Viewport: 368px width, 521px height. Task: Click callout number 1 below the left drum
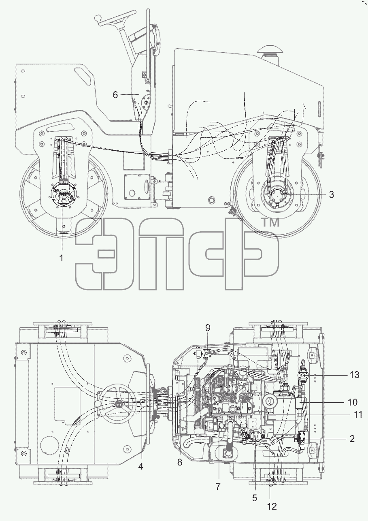[62, 258]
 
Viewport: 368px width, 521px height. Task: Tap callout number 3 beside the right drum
[332, 194]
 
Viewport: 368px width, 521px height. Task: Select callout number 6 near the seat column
[115, 95]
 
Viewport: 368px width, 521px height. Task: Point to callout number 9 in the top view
[208, 328]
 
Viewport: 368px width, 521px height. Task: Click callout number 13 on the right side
[355, 375]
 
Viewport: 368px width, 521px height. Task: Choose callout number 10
[353, 402]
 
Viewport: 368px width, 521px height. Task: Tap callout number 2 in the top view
[352, 439]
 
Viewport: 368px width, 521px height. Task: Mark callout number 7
[218, 485]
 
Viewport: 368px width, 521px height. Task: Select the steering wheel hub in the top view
[119, 404]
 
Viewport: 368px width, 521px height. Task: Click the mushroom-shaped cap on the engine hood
[270, 50]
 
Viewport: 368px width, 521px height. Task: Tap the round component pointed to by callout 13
[303, 375]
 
